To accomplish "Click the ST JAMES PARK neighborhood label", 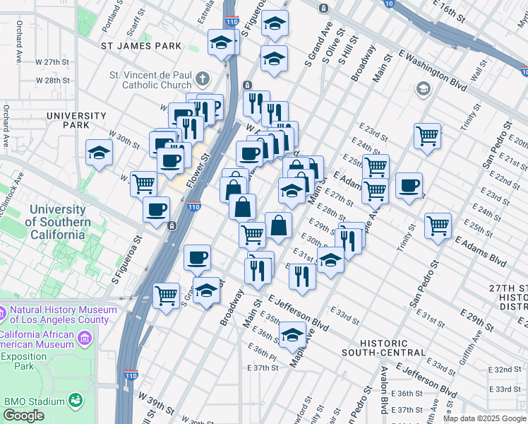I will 141,46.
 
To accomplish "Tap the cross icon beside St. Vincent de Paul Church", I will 203,78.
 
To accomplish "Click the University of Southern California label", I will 60,222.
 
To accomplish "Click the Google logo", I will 24,416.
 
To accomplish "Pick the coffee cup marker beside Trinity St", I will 409,185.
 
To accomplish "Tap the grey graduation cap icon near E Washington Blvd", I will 424,89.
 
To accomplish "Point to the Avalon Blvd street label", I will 385,400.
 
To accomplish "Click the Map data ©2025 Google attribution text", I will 484,418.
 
